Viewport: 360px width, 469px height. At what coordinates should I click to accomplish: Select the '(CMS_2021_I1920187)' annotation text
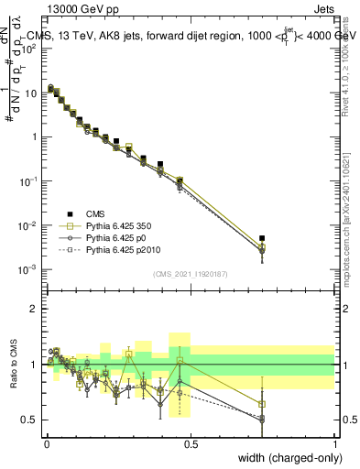[x=190, y=274]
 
